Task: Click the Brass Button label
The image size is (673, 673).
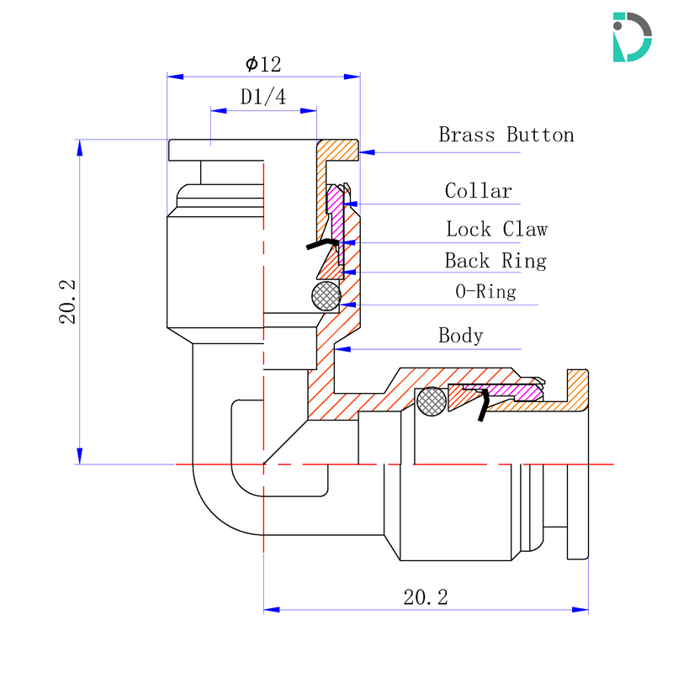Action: click(506, 135)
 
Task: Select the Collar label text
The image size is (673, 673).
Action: click(478, 191)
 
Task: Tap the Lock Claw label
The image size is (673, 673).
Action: click(496, 229)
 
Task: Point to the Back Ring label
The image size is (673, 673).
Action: click(495, 261)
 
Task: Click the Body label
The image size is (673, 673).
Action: click(460, 336)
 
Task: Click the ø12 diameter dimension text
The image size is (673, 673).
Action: click(263, 64)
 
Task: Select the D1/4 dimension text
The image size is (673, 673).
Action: click(263, 97)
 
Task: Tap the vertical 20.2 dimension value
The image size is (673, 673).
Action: click(68, 302)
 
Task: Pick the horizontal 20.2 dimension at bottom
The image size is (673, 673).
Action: click(426, 597)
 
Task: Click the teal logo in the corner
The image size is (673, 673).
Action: click(632, 36)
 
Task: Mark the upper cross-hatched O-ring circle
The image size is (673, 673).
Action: click(326, 295)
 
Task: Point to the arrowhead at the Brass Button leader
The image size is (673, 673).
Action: click(368, 152)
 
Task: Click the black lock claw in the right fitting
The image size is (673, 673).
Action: click(482, 405)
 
